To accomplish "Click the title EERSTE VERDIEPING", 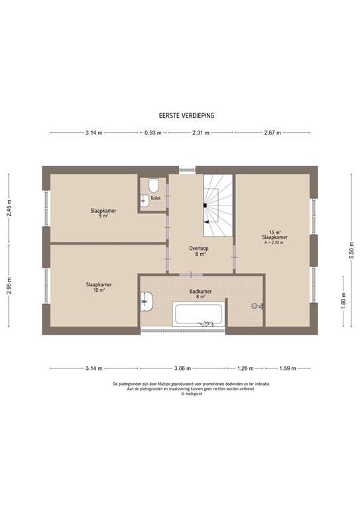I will click(x=181, y=115).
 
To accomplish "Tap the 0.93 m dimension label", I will click(x=153, y=133).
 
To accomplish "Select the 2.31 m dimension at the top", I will click(x=201, y=133).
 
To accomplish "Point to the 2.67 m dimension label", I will click(x=272, y=133).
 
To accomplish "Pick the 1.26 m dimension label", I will click(x=246, y=368).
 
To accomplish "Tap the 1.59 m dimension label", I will click(x=287, y=368).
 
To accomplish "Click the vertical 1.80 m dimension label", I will click(x=344, y=300).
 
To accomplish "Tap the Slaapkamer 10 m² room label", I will click(x=98, y=288).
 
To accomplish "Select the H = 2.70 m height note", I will click(x=274, y=243).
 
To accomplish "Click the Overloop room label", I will click(x=200, y=250).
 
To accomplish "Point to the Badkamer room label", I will click(x=200, y=293).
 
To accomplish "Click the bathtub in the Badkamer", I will click(x=200, y=314).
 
